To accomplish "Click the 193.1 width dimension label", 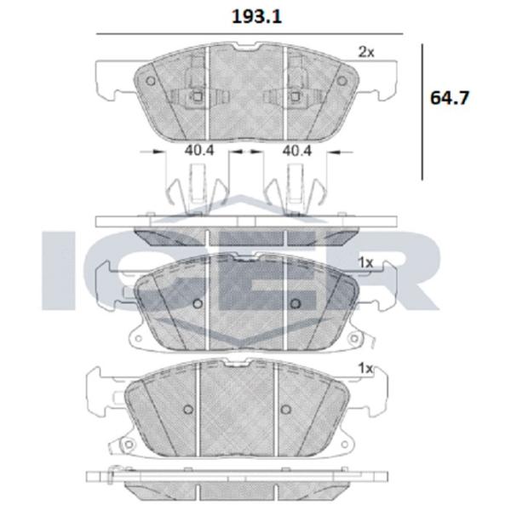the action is coord(256,17).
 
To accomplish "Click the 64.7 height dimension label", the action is coord(450,98).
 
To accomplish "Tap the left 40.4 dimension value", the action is coord(199,150).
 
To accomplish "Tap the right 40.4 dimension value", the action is coord(297,150).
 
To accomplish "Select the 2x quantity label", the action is coord(366,52).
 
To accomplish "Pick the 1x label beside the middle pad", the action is coord(365,262).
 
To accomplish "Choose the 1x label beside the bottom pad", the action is coord(365,369).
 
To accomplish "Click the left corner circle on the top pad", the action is coord(151,81).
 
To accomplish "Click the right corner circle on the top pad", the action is coord(342,81).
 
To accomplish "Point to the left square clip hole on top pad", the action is coord(198,96).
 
